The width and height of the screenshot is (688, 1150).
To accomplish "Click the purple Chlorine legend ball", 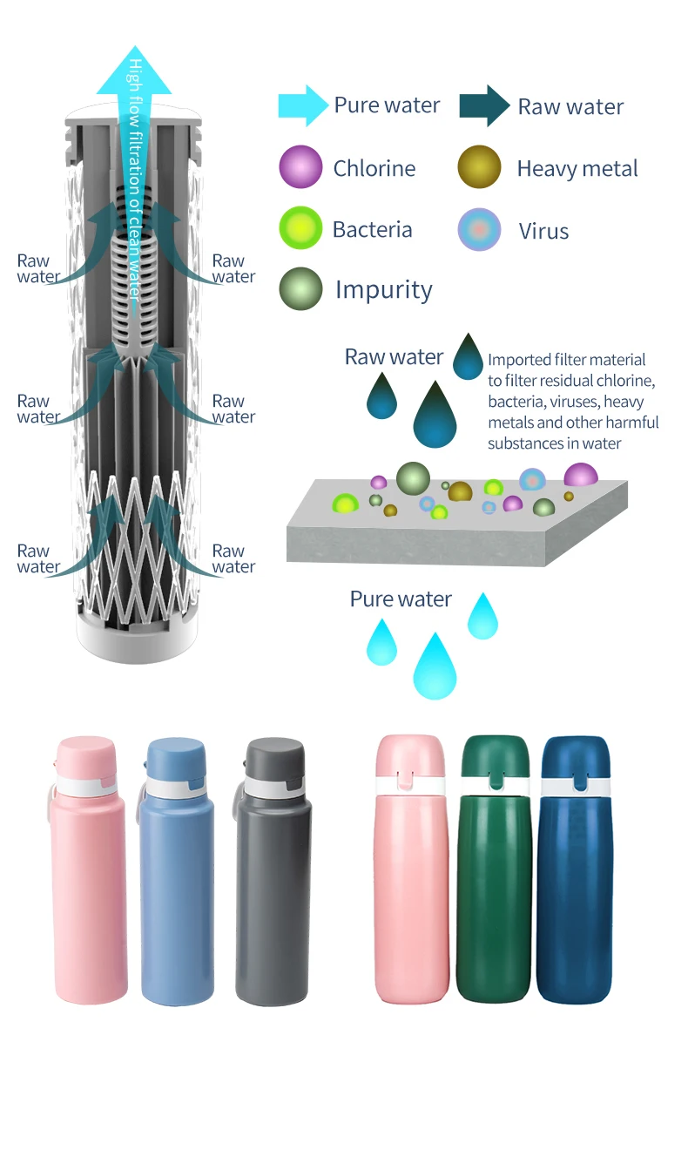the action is [300, 167].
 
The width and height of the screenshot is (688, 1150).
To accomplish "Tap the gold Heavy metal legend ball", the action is [480, 167].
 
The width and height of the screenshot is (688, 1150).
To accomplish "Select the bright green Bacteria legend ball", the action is [300, 229].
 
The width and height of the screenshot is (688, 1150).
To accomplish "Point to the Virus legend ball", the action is [480, 230].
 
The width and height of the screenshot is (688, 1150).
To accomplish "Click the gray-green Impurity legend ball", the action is [300, 289].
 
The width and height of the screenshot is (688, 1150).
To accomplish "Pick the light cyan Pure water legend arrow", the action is [302, 106].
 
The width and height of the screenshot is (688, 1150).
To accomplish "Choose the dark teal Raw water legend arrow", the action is [485, 106].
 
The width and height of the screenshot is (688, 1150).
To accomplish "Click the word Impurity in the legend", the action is [383, 290].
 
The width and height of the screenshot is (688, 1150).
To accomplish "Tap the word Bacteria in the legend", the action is [372, 230].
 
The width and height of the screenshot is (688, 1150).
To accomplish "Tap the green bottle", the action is [494, 871].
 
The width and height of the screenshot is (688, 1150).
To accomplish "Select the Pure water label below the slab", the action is [401, 599].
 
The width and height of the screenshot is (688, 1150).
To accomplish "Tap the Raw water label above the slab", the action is [394, 357].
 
